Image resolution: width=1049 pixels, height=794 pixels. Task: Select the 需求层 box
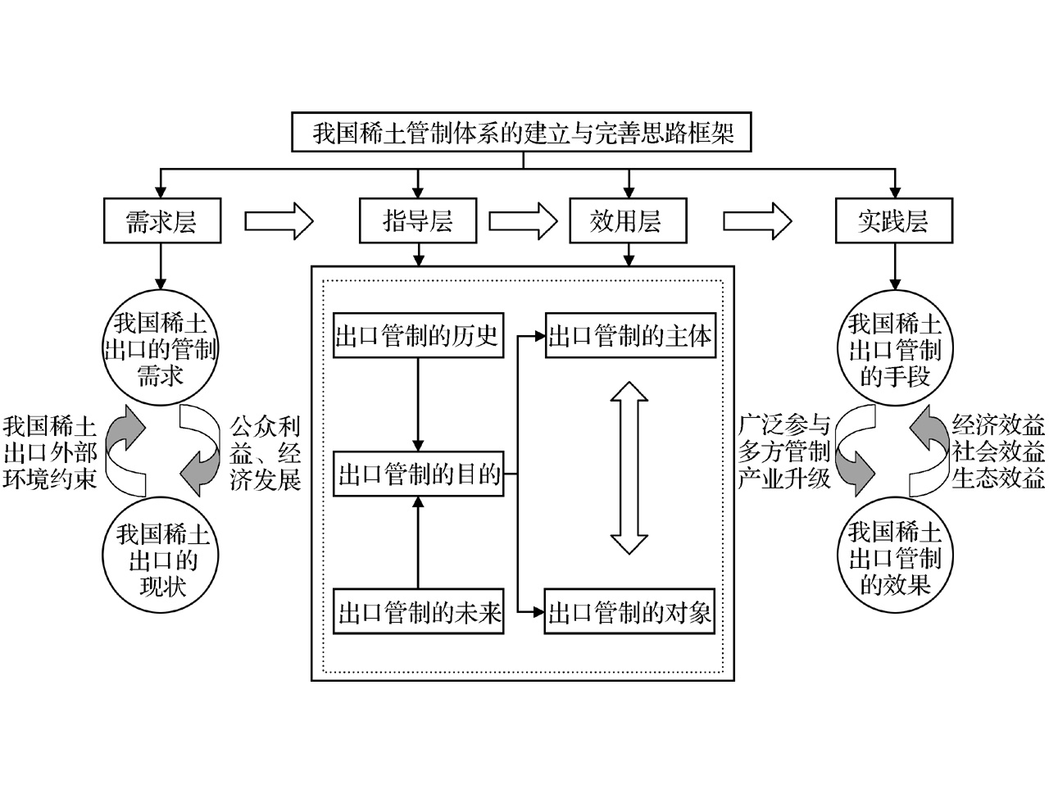(161, 221)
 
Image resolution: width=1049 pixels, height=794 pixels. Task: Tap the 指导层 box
(418, 221)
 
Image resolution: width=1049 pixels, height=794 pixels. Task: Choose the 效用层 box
(627, 221)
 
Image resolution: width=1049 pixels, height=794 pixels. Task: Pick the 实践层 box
(893, 221)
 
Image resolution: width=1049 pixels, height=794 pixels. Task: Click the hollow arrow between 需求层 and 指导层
(279, 220)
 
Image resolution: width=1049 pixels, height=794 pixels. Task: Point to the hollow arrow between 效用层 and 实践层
(757, 220)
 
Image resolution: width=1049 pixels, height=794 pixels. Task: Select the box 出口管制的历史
(418, 336)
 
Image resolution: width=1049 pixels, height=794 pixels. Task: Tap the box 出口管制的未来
(419, 612)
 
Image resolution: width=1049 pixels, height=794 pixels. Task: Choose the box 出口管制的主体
(629, 336)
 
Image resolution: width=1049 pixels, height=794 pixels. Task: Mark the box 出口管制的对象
(629, 612)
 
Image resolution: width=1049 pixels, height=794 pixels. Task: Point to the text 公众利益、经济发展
(265, 453)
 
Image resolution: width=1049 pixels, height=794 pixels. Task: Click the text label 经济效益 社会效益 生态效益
(998, 453)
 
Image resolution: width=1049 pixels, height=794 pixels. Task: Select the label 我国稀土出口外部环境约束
(49, 453)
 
